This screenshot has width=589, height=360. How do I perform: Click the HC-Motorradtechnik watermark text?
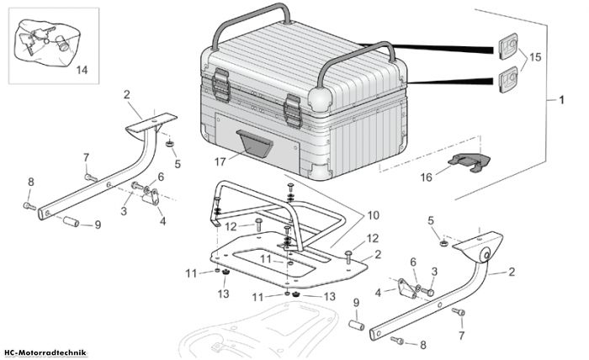click(x=45, y=353)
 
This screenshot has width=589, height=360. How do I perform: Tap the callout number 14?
click(x=82, y=70)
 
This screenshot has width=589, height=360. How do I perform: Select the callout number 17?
click(x=220, y=161)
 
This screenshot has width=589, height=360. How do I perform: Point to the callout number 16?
click(x=427, y=177)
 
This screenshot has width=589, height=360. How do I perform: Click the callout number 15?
click(x=535, y=57)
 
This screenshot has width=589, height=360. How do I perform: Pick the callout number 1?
click(x=561, y=100)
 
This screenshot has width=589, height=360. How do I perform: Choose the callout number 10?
click(x=373, y=215)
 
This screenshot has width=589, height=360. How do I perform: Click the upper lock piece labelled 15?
click(x=507, y=46)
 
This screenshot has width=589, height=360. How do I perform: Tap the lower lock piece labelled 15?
click(x=507, y=80)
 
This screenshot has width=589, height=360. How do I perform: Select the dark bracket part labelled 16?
click(x=470, y=162)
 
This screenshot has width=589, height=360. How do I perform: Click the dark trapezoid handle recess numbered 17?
click(x=255, y=143)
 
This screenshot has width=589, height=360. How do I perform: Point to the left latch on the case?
click(x=220, y=85)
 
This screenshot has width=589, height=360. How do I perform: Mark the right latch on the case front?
click(x=293, y=111)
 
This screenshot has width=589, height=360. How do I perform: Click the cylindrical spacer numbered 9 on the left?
click(x=71, y=221)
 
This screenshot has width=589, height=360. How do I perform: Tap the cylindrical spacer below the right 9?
click(x=357, y=325)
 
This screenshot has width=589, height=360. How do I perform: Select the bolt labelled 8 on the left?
click(x=29, y=206)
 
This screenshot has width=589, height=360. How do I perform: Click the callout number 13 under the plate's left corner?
click(x=224, y=294)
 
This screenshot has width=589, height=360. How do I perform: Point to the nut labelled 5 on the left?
click(x=170, y=144)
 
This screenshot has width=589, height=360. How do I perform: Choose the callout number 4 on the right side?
click(x=378, y=293)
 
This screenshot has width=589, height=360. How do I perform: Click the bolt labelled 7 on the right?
click(x=459, y=311)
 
